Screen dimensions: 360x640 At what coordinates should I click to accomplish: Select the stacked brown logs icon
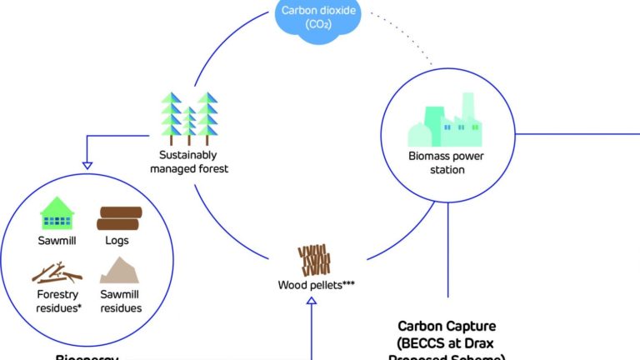117,218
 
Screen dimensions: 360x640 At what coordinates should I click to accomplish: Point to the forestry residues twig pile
57,273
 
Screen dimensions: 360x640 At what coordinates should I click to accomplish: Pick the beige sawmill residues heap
120,271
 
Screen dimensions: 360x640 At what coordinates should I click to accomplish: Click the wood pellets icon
314,261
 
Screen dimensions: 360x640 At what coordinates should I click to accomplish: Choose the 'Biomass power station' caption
447,162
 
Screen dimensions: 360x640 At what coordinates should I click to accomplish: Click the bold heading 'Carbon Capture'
447,327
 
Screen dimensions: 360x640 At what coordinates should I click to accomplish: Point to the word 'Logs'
117,242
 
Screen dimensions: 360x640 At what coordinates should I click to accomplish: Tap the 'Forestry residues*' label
57,301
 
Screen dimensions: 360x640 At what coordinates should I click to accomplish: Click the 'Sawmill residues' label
120,301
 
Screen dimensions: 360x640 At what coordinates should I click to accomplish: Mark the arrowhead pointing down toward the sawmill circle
87,165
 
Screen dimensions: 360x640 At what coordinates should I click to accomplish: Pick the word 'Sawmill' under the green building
57,242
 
